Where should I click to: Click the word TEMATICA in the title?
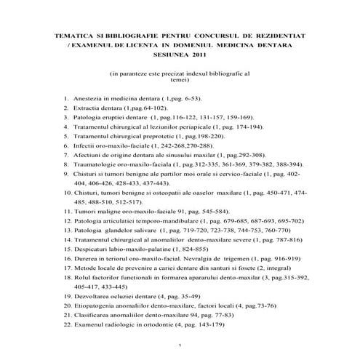[73, 34]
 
